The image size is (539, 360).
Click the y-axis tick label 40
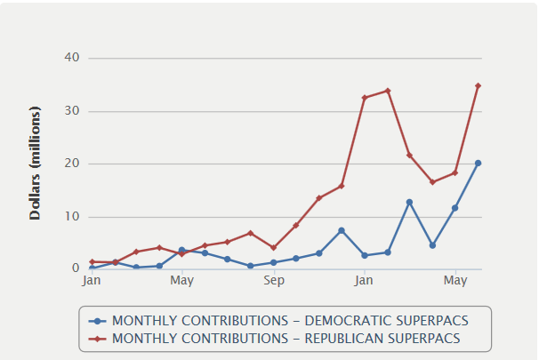tap(72, 58)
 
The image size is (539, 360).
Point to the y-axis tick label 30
tap(72, 111)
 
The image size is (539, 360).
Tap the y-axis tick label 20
tap(72, 164)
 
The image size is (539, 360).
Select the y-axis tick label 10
tap(72, 217)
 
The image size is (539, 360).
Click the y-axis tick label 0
tap(76, 268)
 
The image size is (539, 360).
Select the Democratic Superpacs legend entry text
tap(290, 321)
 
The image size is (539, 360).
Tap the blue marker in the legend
tap(99, 321)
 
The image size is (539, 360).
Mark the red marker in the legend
tap(99, 338)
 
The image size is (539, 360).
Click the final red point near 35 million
tap(478, 86)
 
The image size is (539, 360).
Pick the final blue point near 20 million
tap(478, 164)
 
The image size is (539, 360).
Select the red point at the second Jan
tap(364, 98)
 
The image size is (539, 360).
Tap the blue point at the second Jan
tap(364, 256)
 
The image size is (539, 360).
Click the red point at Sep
tap(273, 248)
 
